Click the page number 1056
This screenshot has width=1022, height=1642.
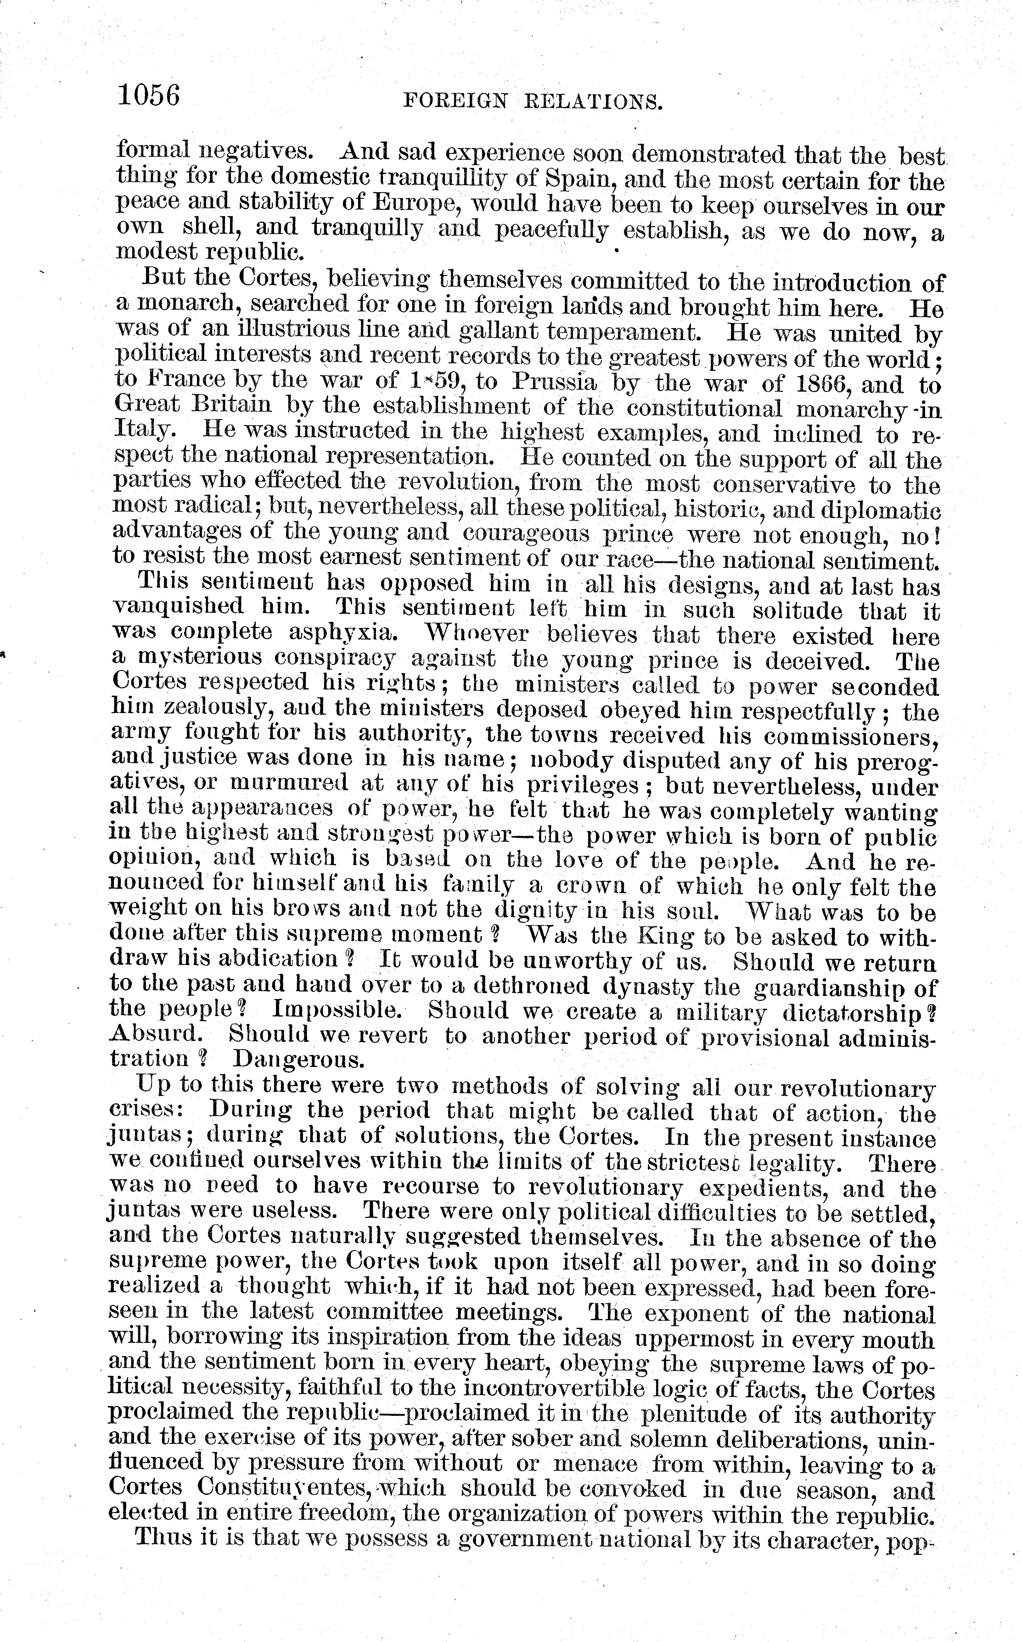[149, 95]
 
